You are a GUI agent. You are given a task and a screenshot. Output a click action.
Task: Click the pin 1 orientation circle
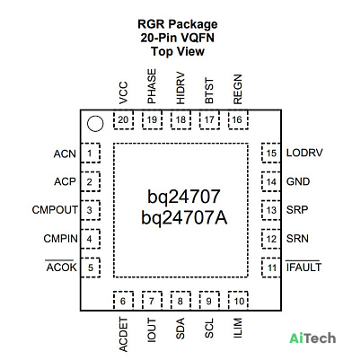(95, 124)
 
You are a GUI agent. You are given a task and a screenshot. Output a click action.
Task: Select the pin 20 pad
(123, 119)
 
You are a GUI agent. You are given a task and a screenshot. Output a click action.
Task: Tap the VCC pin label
(123, 92)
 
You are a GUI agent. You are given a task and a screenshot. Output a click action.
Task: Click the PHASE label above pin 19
(152, 86)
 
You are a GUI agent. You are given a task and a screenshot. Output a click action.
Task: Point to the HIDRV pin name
(180, 88)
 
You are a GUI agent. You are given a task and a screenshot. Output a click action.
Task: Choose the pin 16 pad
(238, 119)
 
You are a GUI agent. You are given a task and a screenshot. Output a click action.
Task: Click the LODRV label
(304, 153)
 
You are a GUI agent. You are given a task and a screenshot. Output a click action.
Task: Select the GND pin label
(298, 181)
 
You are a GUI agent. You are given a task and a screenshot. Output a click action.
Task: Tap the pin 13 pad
(271, 210)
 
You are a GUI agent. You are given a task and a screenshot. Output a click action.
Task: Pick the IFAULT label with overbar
(304, 267)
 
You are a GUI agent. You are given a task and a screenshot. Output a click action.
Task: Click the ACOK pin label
(61, 267)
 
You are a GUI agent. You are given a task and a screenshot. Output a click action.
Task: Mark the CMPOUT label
(55, 210)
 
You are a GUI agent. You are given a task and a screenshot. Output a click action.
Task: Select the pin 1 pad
(90, 154)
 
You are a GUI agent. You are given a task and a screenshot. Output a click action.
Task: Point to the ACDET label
(123, 335)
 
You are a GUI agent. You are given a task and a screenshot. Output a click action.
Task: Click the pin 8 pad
(180, 301)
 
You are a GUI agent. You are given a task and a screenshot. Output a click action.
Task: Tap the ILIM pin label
(238, 328)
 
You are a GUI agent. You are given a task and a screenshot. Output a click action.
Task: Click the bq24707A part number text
(184, 217)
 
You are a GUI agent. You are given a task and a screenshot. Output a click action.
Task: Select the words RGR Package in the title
(178, 24)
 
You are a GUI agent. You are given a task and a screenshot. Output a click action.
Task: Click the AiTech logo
(313, 338)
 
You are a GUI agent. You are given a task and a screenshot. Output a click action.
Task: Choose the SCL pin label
(209, 329)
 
